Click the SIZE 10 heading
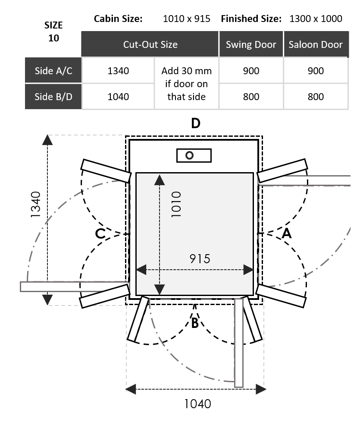click(53, 31)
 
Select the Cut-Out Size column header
click(150, 44)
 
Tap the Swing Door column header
click(251, 44)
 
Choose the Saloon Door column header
click(316, 44)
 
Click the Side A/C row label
click(53, 71)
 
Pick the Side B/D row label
click(53, 96)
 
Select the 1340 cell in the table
click(118, 71)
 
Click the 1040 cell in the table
click(118, 96)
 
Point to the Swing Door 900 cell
click(251, 71)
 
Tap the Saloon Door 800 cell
click(316, 96)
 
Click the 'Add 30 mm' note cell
click(187, 83)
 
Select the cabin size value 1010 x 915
click(187, 19)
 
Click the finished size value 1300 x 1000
click(316, 19)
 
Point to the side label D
click(196, 123)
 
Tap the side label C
click(100, 234)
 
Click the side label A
click(287, 233)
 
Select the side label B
click(195, 323)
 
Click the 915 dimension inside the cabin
click(200, 258)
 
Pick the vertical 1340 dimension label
click(36, 204)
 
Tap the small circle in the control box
click(189, 155)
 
